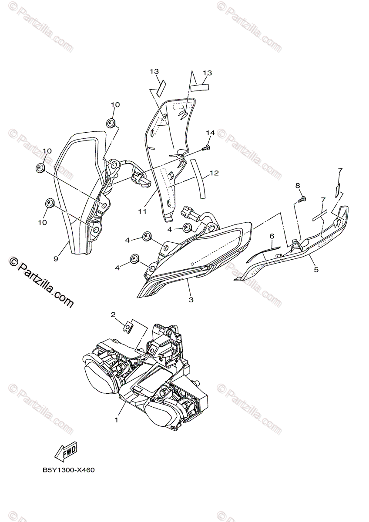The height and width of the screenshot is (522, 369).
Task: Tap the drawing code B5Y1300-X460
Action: [x=68, y=470]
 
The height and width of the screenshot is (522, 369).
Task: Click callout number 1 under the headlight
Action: [x=116, y=420]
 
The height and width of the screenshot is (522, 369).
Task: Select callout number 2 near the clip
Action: [x=113, y=314]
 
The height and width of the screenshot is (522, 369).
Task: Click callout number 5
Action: [x=316, y=270]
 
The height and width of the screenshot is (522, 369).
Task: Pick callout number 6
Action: [x=272, y=236]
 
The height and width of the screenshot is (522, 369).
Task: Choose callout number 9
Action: [x=56, y=258]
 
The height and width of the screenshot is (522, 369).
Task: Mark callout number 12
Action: [x=213, y=173]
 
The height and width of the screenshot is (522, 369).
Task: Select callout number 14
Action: [x=211, y=132]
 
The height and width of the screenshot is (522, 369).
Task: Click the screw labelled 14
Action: [x=205, y=149]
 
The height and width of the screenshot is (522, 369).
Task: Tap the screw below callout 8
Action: [x=300, y=199]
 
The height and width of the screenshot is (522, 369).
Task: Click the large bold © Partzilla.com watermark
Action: [x=41, y=283]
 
